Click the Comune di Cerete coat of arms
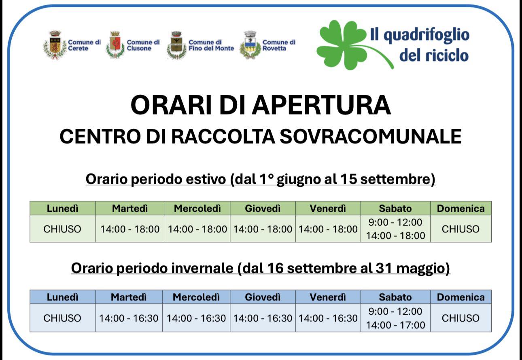point(55,45)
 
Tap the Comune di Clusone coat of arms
point(115,45)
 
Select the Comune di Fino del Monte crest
point(177,45)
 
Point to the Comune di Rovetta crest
point(250,45)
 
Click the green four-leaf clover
point(350,45)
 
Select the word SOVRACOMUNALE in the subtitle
point(371,136)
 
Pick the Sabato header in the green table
point(395,208)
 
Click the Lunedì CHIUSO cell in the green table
point(62,229)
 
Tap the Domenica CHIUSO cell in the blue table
point(461,318)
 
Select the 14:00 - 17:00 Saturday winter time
point(395,325)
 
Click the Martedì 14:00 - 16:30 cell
point(129,318)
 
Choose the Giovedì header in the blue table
point(263,297)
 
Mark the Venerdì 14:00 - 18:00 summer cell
point(328,229)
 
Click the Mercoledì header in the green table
point(197,208)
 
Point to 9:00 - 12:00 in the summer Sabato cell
point(395,222)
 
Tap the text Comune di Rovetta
point(279,45)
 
